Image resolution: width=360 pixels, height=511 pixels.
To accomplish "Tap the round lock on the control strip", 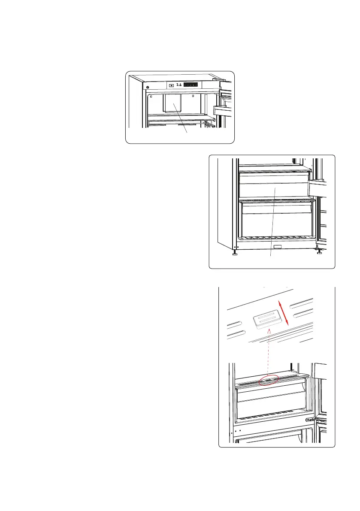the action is coord(147,88).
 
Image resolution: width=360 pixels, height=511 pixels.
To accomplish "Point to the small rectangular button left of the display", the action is coord(171,85).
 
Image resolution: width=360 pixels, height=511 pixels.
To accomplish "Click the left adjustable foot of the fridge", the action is coord(235,254).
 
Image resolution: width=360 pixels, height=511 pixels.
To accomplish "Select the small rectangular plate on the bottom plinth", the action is coord(278,247).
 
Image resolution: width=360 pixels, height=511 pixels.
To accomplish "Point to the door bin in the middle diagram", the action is coord(318,187).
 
